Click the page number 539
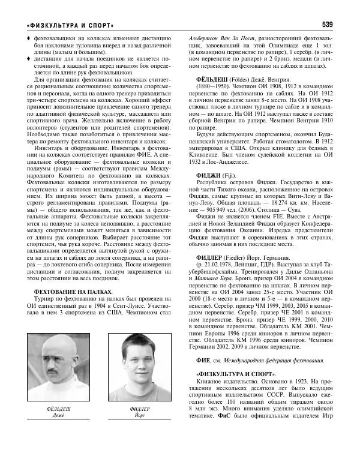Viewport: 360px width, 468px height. pos(328,25)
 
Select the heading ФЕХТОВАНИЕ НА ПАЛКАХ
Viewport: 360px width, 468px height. pos(73,292)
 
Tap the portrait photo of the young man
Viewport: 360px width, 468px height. pos(143,370)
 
